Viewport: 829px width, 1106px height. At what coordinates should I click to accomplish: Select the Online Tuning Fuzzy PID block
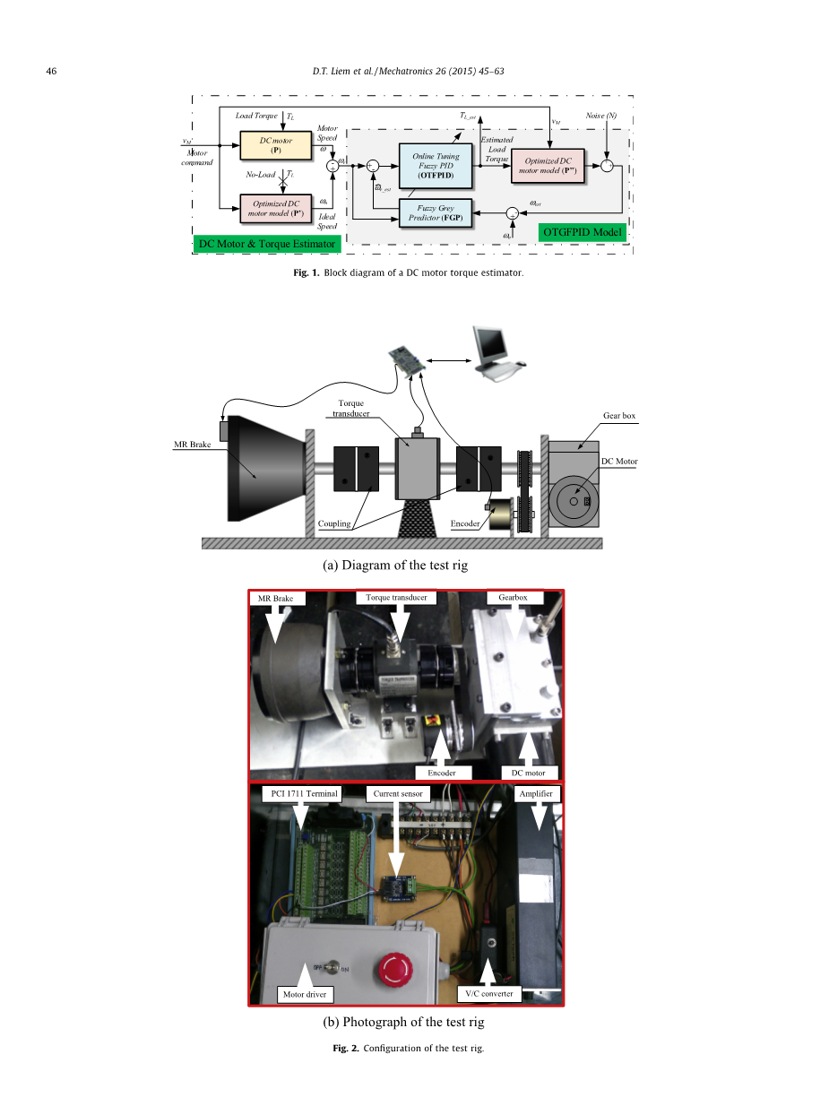click(436, 166)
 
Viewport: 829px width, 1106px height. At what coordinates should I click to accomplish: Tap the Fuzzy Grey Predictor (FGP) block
click(435, 213)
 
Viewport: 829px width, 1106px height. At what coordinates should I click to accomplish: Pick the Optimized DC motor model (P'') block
click(548, 165)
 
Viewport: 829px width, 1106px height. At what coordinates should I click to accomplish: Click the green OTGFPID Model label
click(581, 232)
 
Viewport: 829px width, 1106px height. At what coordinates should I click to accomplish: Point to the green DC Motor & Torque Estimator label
click(267, 243)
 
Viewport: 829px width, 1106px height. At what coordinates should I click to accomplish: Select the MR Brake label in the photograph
click(276, 598)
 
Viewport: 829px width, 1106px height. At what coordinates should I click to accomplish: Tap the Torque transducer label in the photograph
click(396, 597)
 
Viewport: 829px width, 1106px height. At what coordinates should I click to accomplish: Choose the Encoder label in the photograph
click(441, 773)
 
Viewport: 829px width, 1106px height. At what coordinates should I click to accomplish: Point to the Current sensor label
click(398, 794)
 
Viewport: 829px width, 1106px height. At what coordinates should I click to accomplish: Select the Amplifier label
click(536, 794)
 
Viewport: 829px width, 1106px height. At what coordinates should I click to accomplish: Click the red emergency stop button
click(393, 968)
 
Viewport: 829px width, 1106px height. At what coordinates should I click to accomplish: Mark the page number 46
click(52, 71)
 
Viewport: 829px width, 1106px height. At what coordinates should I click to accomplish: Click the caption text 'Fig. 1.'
click(308, 272)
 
